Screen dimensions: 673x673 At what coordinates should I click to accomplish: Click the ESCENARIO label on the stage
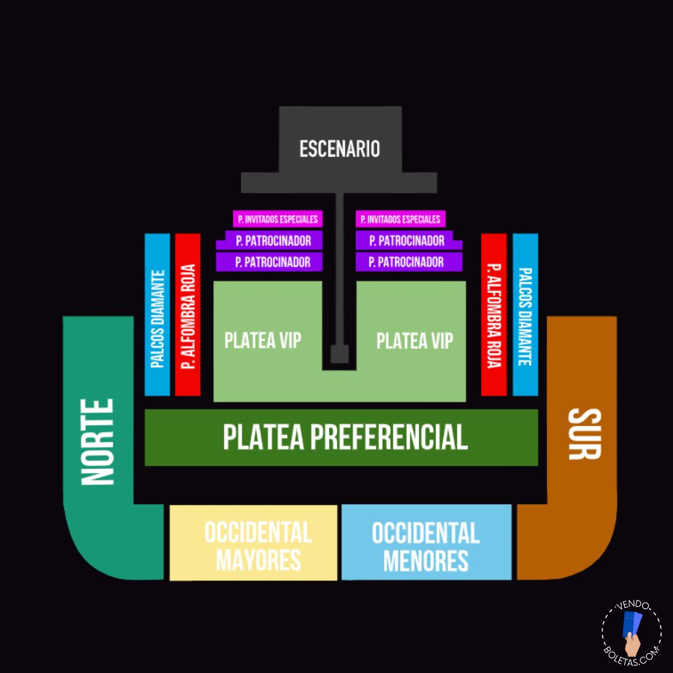point(340,150)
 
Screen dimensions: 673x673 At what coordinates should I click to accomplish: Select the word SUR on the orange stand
point(584,434)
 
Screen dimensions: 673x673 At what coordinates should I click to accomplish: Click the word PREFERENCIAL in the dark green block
point(388,437)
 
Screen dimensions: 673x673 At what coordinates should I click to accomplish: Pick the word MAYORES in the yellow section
point(258,560)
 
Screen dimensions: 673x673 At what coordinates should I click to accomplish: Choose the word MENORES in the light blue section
point(426,560)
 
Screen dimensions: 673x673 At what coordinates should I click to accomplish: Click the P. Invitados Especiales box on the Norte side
point(278,219)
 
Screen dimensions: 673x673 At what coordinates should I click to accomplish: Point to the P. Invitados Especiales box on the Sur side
point(401,219)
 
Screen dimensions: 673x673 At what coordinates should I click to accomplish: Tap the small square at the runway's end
point(340,355)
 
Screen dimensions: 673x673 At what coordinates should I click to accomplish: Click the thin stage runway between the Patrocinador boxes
point(340,249)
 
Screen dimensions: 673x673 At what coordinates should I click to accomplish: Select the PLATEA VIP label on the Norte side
point(263,340)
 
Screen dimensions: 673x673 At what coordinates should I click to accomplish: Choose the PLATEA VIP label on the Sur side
point(415,340)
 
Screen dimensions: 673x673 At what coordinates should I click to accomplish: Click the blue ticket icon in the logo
point(632,626)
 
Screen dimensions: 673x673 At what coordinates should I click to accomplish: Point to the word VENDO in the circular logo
point(633,606)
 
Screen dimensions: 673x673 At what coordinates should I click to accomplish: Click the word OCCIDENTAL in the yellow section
point(258,533)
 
